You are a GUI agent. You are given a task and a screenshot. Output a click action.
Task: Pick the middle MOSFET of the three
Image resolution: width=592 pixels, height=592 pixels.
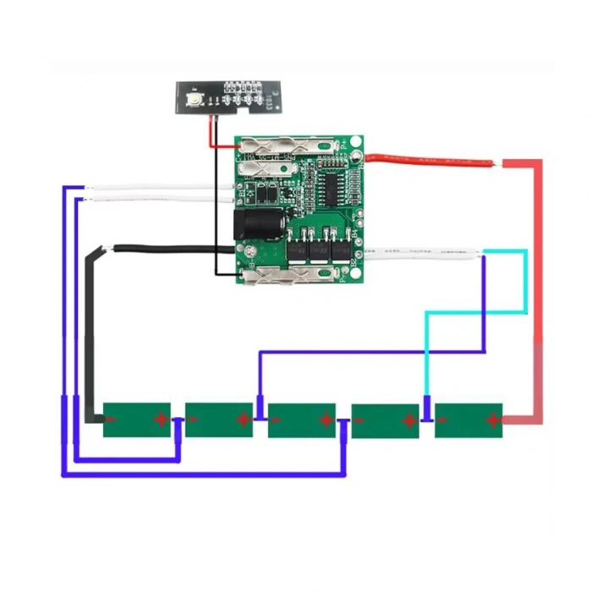point(320,251)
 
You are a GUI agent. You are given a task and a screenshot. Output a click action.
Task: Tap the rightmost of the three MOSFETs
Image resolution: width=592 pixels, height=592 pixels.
point(342,251)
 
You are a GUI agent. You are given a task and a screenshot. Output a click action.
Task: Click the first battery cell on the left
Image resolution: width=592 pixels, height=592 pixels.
point(137,419)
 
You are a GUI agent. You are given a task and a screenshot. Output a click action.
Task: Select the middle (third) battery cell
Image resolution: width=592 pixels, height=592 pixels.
point(302,419)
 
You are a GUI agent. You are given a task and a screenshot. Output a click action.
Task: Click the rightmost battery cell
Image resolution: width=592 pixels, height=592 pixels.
point(468,419)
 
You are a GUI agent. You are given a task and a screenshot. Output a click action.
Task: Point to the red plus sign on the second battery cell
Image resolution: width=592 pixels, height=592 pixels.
point(243,419)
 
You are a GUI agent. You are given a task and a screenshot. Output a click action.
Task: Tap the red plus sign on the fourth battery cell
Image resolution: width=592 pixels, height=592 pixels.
point(408,419)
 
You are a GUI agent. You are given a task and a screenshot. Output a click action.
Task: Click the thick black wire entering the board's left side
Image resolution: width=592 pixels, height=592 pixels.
point(169,249)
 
